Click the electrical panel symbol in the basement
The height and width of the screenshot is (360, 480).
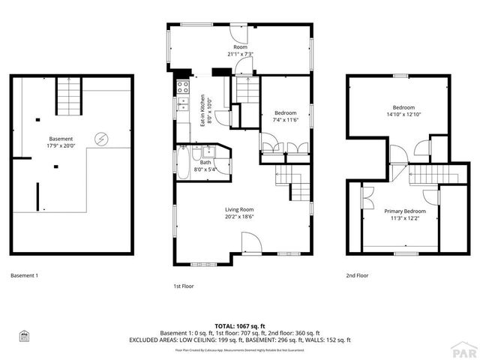click(100, 139)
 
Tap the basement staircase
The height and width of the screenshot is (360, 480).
click(69, 95)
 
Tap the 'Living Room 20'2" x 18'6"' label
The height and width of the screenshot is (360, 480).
click(240, 214)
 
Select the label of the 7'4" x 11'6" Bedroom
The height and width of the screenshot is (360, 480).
click(285, 116)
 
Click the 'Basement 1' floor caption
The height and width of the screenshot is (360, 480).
click(24, 275)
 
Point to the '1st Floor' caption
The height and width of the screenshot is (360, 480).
click(183, 286)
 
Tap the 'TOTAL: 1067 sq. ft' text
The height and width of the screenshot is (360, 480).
click(240, 326)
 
